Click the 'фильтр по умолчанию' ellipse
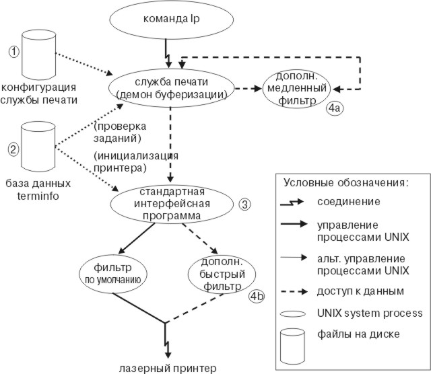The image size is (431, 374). pos(123,270)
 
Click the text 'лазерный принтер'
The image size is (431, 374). pos(166,367)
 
